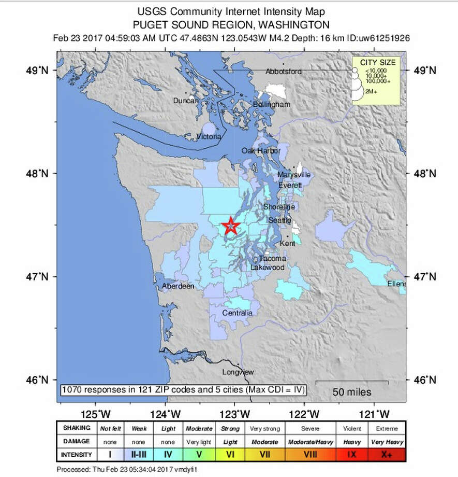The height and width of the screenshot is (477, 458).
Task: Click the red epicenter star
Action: pos(231,227)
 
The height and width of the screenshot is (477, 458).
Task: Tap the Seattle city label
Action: pos(279,220)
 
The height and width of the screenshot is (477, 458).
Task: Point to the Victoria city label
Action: pos(210,137)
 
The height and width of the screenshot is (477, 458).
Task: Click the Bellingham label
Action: pos(272,105)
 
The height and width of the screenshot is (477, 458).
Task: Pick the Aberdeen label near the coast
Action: pos(178,286)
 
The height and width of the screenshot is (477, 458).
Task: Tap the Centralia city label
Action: pos(237,313)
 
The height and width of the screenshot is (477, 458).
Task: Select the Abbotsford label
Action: pos(283,72)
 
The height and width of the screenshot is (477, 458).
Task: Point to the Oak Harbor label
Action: pos(261,151)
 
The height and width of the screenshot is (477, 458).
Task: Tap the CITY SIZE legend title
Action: pos(377,62)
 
